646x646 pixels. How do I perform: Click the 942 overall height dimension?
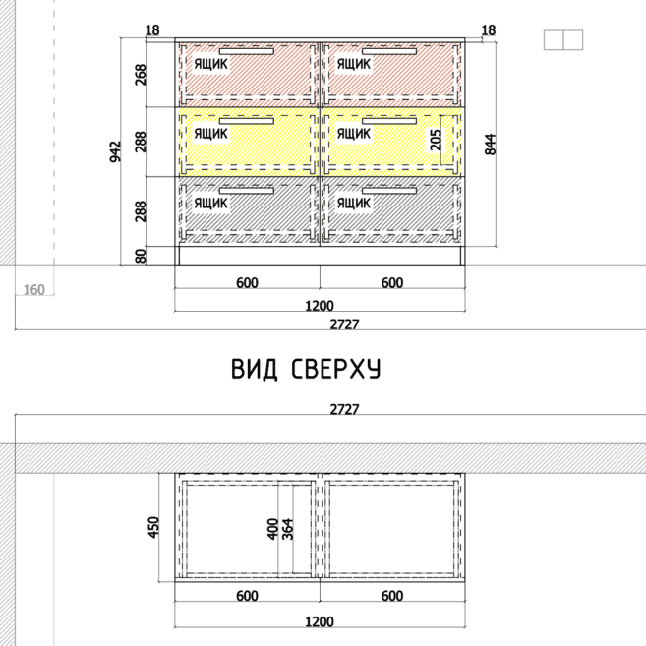pyautogui.click(x=116, y=151)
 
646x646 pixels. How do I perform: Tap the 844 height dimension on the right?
pyautogui.click(x=491, y=145)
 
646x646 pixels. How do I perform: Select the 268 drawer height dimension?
pyautogui.click(x=141, y=75)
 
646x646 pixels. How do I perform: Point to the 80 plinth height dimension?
pyautogui.click(x=141, y=256)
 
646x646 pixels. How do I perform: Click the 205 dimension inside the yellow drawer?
pyautogui.click(x=436, y=140)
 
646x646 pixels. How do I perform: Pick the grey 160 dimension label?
pyautogui.click(x=33, y=290)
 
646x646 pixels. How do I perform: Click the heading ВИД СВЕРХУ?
pyautogui.click(x=306, y=369)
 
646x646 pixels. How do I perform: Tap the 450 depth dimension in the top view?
pyautogui.click(x=152, y=527)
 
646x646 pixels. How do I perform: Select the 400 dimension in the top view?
pyautogui.click(x=272, y=529)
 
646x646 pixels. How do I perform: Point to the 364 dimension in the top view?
pyautogui.click(x=287, y=529)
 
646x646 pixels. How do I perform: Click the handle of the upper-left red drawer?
pyautogui.click(x=247, y=51)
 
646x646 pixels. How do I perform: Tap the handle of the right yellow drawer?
pyautogui.click(x=389, y=121)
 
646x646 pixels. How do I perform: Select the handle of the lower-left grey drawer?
pyautogui.click(x=247, y=191)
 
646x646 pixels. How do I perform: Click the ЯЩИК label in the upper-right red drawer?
pyautogui.click(x=354, y=64)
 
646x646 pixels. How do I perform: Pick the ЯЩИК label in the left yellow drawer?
pyautogui.click(x=210, y=134)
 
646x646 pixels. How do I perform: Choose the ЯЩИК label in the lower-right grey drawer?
pyautogui.click(x=354, y=204)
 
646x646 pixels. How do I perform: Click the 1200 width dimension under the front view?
pyautogui.click(x=320, y=306)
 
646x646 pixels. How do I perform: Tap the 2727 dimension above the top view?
pyautogui.click(x=344, y=409)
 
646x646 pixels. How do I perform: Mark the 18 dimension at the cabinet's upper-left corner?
pyautogui.click(x=152, y=30)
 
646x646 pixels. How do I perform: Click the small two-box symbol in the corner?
pyautogui.click(x=563, y=40)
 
